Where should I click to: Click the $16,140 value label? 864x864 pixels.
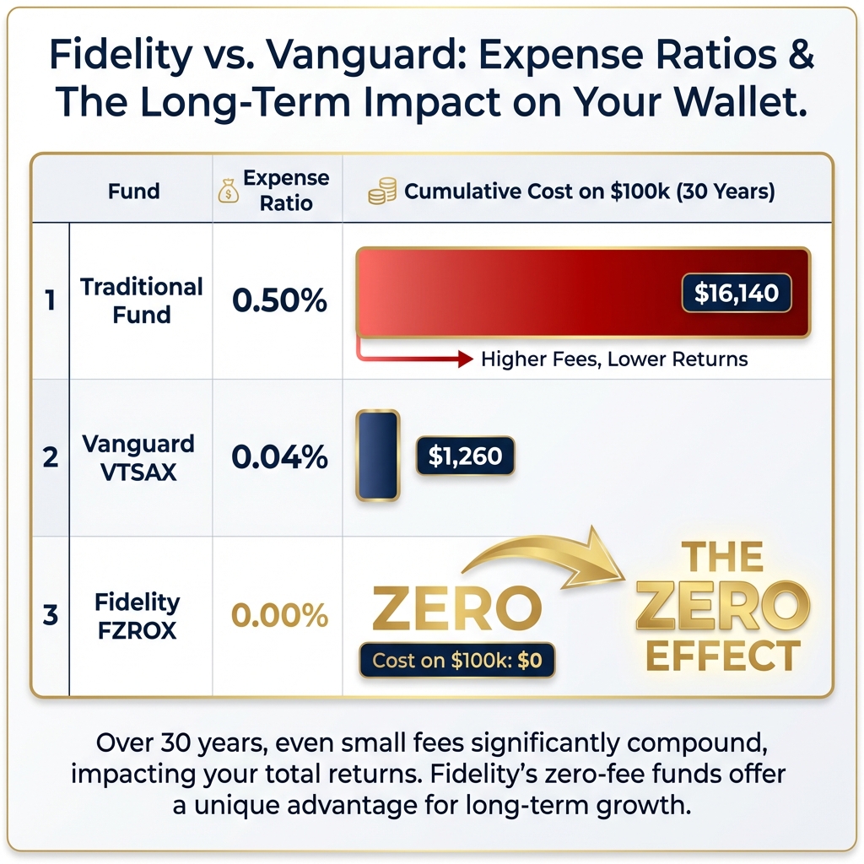(736, 294)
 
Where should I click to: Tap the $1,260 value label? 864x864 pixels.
(465, 456)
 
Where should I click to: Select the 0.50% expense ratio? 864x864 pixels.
(279, 300)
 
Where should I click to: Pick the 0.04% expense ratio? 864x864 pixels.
(279, 457)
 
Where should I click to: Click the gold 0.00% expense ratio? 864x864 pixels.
(279, 616)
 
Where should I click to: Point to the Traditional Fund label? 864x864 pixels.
(142, 300)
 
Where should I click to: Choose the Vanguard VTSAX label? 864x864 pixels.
(138, 457)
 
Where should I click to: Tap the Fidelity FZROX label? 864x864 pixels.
(137, 616)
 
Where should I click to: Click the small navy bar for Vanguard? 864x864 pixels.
(377, 456)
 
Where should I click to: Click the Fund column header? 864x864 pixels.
(133, 191)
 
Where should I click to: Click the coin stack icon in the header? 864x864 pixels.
(382, 192)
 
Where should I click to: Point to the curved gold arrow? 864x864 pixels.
(540, 557)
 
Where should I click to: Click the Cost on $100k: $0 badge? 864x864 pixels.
(457, 661)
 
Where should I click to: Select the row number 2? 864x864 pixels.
(51, 457)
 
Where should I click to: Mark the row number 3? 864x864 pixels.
(51, 616)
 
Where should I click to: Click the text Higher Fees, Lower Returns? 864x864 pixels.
(614, 359)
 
